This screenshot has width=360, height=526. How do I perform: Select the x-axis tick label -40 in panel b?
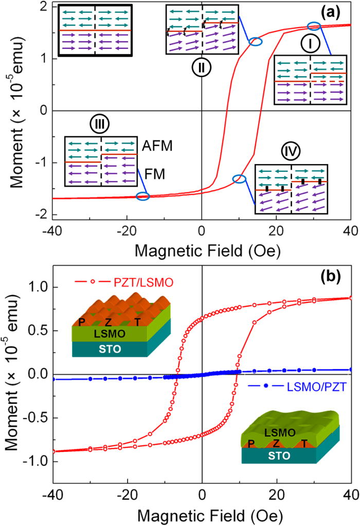tap(51, 497)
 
